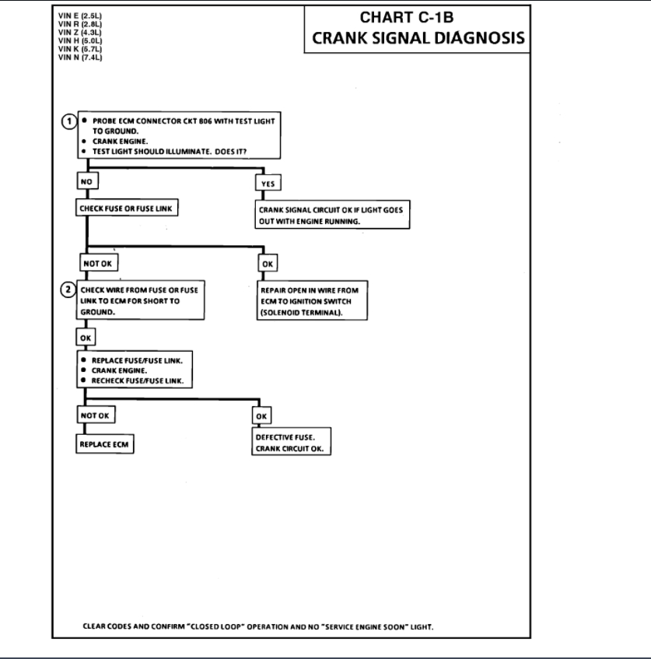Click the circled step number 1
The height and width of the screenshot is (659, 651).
point(68,122)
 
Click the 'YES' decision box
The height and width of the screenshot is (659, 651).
point(268,184)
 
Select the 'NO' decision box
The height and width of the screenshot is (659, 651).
point(86,183)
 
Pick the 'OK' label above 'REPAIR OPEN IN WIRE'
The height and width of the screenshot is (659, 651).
point(268,264)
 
